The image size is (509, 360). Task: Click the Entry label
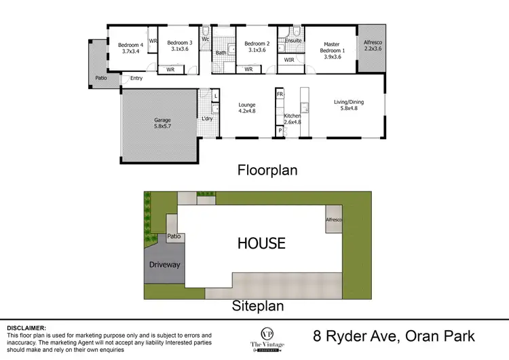click(x=136, y=78)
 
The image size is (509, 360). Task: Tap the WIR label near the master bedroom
click(x=288, y=59)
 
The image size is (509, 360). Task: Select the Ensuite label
click(x=293, y=41)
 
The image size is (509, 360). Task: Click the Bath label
click(x=221, y=52)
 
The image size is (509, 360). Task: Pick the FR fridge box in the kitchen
click(x=279, y=94)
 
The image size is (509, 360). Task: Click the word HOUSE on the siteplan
click(x=261, y=243)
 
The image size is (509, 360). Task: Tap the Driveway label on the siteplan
click(x=164, y=265)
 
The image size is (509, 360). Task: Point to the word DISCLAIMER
click(x=26, y=328)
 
